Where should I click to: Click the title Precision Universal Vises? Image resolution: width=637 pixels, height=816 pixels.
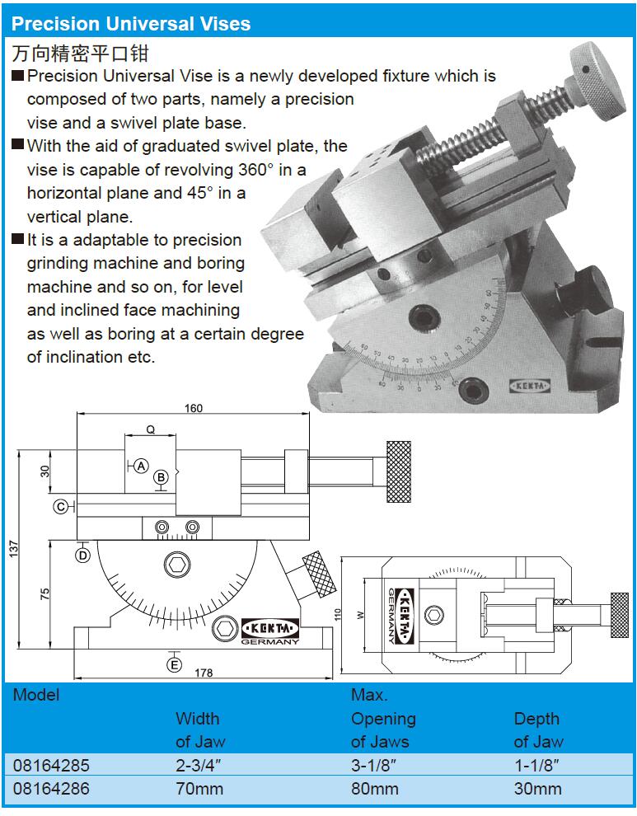[131, 24]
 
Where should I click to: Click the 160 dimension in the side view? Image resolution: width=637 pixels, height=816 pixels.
[194, 408]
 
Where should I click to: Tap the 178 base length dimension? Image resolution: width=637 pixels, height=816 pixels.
[204, 673]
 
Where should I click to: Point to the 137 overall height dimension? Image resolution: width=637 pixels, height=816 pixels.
[13, 549]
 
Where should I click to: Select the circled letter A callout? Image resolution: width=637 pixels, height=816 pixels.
[141, 467]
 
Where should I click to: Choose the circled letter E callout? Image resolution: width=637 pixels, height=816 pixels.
[175, 664]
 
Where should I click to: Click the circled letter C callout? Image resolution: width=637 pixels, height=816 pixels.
[62, 506]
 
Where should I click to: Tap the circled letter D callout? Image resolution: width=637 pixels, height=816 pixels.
[83, 556]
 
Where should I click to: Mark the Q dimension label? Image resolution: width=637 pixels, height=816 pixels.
[151, 430]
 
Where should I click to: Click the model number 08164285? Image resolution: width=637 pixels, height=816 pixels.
[52, 765]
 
